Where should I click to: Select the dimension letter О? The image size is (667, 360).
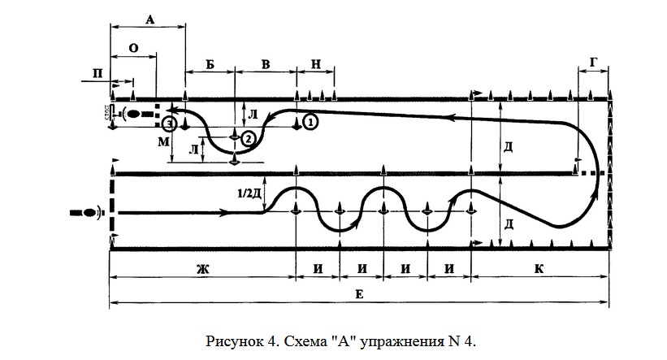coord(132,48)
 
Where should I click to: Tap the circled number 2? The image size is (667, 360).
coord(249,138)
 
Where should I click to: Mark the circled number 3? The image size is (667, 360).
coord(168,124)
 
